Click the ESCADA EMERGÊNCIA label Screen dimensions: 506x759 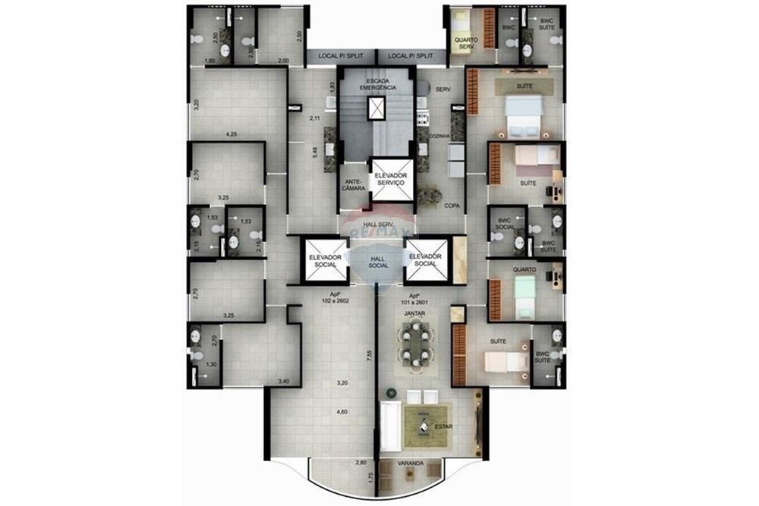pos(377,84)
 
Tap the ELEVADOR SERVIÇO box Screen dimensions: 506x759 pos(391,181)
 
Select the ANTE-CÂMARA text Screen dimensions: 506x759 pos(353,185)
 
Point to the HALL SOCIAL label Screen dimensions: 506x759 pos(378,261)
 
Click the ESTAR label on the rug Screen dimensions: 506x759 pos(444,427)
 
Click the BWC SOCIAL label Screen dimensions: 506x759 pos(505,223)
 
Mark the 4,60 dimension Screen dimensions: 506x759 pos(342,412)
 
